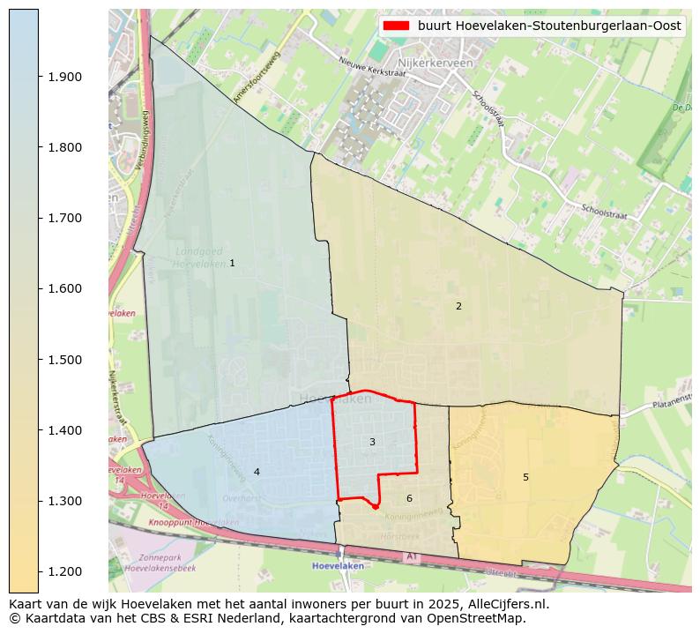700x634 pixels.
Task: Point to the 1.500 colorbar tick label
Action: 63,360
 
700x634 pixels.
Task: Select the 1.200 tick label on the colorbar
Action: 63,571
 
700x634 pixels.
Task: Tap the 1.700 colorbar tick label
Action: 63,218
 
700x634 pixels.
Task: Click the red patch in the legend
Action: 396,26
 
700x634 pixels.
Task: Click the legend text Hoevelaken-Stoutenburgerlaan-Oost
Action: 549,26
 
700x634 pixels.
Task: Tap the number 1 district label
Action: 232,263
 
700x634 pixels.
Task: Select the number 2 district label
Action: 458,306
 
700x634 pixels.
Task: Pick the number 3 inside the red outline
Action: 372,442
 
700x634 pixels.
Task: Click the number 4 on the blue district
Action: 257,472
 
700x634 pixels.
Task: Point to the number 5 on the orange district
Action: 525,477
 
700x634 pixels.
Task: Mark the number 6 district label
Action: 409,498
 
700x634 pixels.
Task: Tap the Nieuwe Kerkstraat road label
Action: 372,68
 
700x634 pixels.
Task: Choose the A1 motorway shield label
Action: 410,556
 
